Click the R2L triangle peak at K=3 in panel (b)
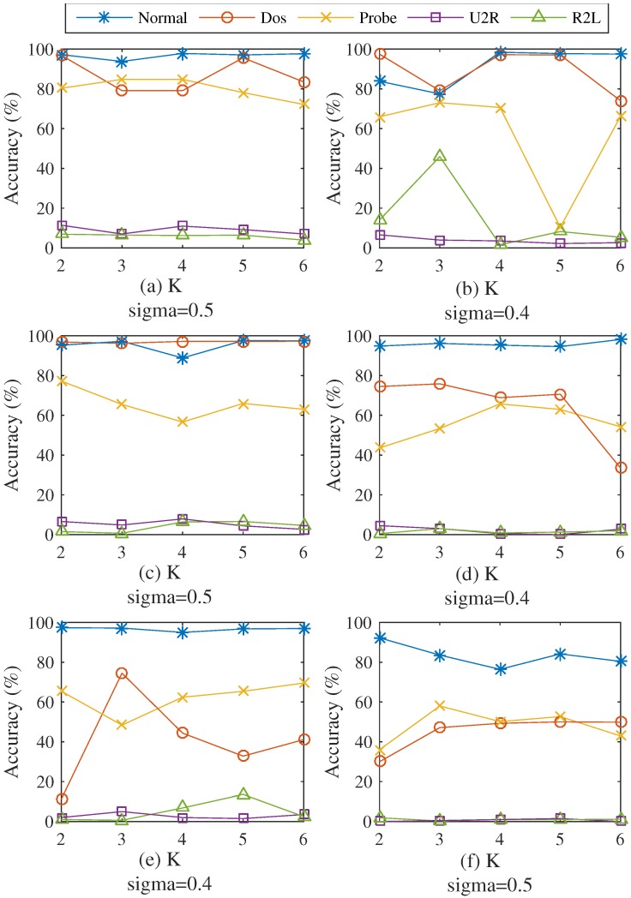click(439, 156)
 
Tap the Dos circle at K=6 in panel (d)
click(621, 468)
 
